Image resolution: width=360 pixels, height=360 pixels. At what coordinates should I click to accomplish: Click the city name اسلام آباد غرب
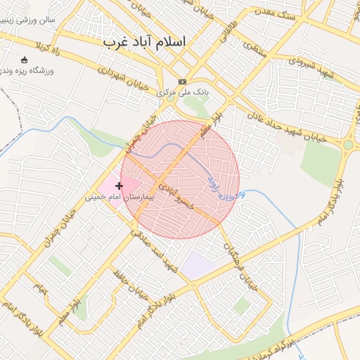point(146,42)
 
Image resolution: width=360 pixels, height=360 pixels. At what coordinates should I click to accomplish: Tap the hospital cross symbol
point(119,186)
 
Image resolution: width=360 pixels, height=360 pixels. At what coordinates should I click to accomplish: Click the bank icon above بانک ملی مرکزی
point(183,82)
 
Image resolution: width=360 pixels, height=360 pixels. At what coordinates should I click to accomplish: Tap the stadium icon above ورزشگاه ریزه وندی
point(25,60)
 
